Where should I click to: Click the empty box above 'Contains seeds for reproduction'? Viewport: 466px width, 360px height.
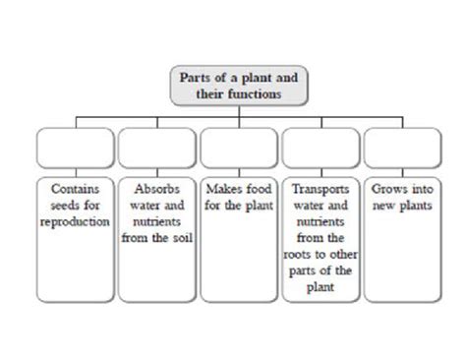coord(75,147)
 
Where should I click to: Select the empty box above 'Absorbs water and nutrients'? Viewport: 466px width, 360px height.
coord(156,147)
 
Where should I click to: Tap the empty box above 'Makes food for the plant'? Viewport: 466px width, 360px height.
coord(238,147)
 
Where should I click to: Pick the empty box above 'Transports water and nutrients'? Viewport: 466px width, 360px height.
coord(320,147)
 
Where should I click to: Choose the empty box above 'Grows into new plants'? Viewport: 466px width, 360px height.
coord(400,147)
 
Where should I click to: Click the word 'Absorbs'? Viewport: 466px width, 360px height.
coord(156,184)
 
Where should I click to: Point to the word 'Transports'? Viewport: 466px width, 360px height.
coord(319,184)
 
